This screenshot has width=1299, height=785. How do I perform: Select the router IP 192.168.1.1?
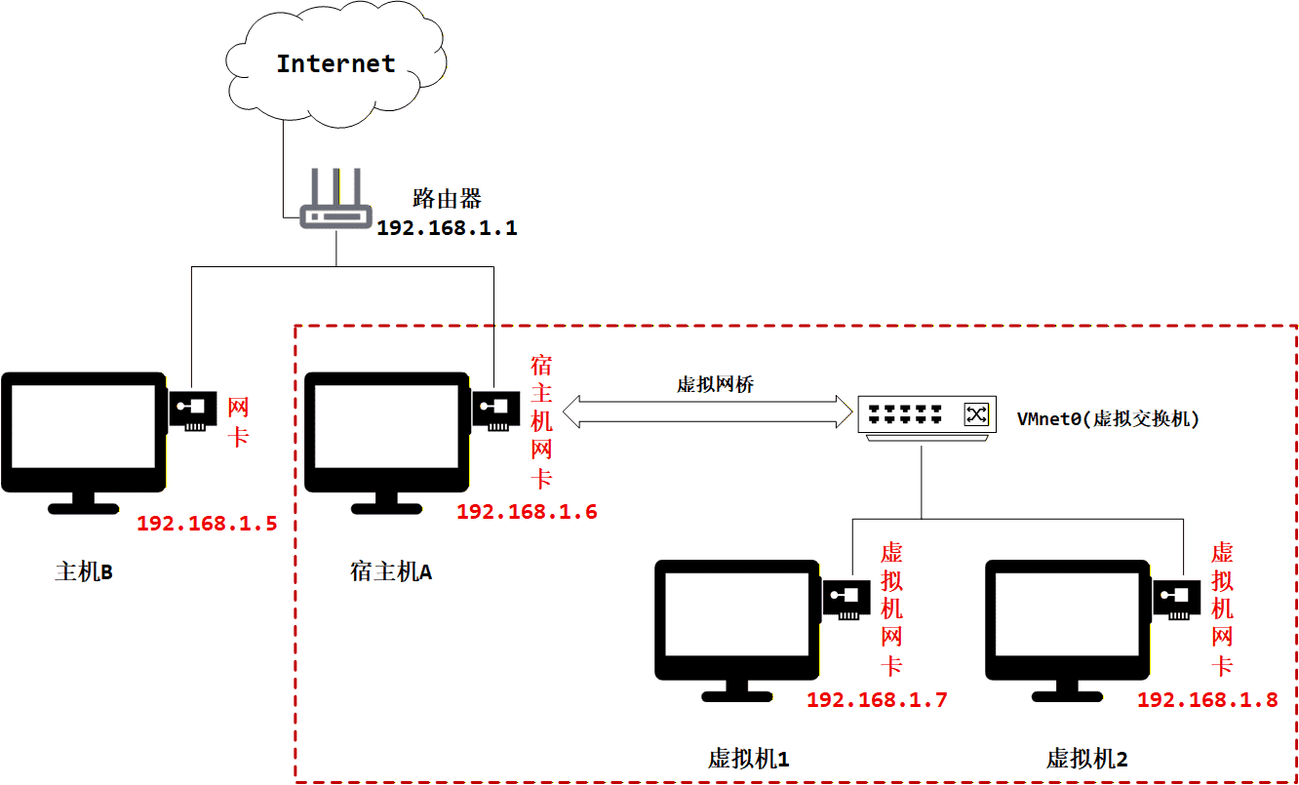[x=447, y=228]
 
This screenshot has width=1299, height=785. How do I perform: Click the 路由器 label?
[x=447, y=200]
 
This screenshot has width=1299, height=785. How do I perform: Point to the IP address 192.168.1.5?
[x=207, y=524]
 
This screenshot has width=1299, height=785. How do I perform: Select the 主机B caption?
[x=84, y=571]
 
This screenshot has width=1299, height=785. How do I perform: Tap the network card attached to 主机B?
[x=194, y=411]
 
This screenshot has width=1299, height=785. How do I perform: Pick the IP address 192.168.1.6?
[x=527, y=512]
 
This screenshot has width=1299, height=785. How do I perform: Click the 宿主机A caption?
[x=390, y=571]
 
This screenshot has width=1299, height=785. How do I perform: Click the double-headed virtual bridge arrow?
[x=706, y=411]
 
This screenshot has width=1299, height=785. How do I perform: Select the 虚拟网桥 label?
[x=715, y=384]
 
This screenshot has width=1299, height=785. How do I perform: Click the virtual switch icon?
[x=926, y=416]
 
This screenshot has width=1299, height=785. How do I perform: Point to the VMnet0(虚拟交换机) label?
[x=1108, y=419]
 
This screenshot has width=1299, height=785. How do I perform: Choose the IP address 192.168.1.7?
[x=877, y=700]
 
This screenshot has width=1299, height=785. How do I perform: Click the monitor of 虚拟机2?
[x=1069, y=620]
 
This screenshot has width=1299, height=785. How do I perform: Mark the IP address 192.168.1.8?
[x=1207, y=700]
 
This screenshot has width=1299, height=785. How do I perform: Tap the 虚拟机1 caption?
[x=748, y=759]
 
